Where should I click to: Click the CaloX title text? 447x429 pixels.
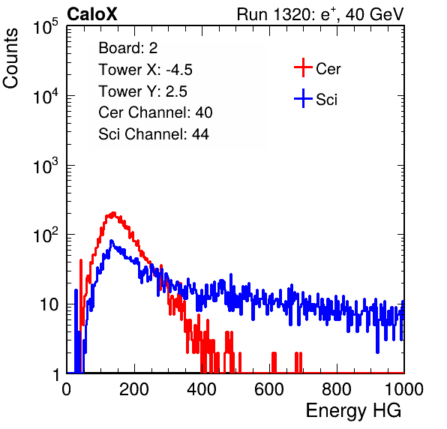(x=92, y=14)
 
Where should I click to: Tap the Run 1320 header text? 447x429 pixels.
(x=320, y=14)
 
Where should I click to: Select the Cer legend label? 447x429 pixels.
(x=328, y=69)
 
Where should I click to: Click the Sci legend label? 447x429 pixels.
(x=326, y=99)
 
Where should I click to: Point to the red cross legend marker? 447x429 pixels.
(x=303, y=67)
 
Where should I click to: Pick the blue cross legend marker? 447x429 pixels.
(x=303, y=98)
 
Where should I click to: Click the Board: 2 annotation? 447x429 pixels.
(x=128, y=48)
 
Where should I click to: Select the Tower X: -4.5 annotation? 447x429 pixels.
(x=145, y=70)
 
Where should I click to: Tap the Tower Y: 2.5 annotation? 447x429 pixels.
(x=142, y=91)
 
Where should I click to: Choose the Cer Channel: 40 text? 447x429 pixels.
(x=155, y=112)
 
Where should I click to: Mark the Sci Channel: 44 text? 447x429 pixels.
(x=154, y=133)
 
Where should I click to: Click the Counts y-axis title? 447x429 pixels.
(x=10, y=58)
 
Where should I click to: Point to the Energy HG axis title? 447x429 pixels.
(x=353, y=411)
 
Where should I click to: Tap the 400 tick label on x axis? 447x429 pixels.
(x=202, y=389)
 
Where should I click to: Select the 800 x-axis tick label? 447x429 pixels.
(x=337, y=389)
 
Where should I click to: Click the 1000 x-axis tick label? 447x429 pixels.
(x=404, y=389)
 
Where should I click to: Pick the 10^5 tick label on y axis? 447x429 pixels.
(x=45, y=26)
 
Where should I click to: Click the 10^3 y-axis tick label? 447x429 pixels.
(x=45, y=165)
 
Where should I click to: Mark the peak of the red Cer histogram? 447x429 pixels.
(x=114, y=213)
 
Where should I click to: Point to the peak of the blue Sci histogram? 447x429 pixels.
(x=112, y=241)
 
